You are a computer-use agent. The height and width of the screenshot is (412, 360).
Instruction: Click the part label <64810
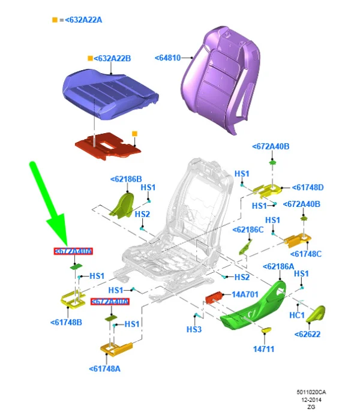click(x=172, y=58)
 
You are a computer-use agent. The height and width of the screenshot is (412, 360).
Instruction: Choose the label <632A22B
click(x=112, y=58)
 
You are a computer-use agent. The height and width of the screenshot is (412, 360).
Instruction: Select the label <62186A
click(x=278, y=266)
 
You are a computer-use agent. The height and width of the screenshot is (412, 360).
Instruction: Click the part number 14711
click(x=263, y=348)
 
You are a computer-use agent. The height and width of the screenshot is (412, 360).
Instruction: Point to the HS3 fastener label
click(x=194, y=329)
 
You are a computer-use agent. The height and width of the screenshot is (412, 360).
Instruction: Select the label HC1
click(x=298, y=315)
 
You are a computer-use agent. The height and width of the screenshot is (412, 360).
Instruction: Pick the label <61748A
click(x=104, y=369)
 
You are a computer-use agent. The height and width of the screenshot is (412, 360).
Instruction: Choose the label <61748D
click(x=308, y=187)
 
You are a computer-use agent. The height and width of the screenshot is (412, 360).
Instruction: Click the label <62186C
click(x=248, y=229)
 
